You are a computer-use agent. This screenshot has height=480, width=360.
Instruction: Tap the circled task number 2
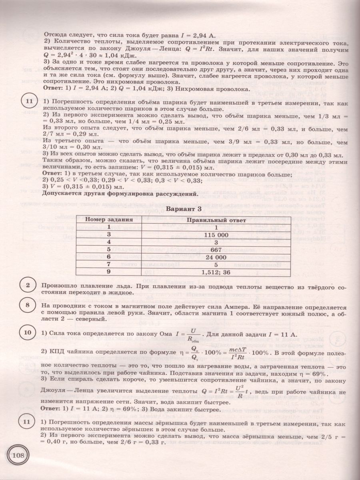point(28,286)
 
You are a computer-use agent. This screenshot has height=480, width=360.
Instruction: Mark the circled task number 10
point(28,333)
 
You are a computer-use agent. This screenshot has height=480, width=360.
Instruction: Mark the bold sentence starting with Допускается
point(120,195)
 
